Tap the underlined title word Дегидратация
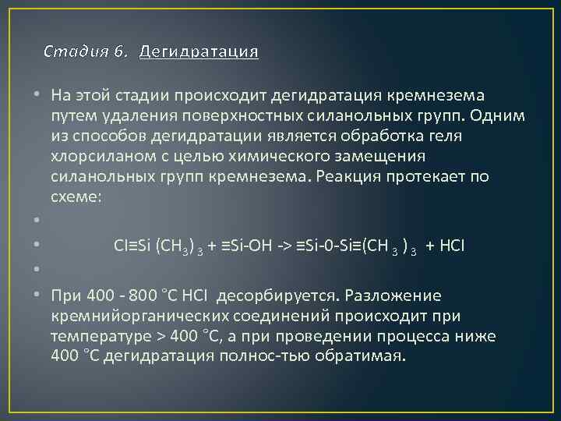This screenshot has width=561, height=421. (x=199, y=52)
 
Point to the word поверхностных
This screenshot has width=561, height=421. (x=230, y=115)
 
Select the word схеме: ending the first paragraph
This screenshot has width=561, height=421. (x=76, y=197)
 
